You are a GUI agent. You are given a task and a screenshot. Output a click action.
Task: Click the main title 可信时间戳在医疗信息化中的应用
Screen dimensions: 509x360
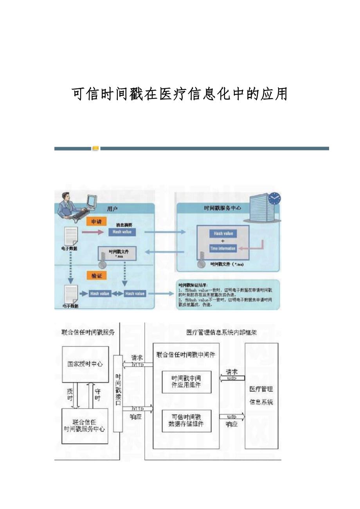coord(180,94)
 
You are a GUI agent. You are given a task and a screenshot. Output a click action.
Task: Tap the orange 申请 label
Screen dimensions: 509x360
coord(96,222)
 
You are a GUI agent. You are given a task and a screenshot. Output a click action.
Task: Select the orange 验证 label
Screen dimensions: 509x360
coord(96,276)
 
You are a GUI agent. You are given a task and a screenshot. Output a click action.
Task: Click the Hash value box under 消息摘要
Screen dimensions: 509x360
coord(122,232)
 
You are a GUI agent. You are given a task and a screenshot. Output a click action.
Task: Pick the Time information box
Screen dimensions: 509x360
coord(223,249)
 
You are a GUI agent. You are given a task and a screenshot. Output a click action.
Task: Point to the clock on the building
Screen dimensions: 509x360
coord(275,199)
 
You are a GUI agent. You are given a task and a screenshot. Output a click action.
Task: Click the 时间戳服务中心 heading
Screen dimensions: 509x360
coord(222,208)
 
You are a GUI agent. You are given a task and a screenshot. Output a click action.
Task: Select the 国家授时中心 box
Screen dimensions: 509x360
coord(85,364)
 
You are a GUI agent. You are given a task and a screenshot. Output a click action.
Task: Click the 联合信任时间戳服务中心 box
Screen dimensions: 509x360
coord(85,426)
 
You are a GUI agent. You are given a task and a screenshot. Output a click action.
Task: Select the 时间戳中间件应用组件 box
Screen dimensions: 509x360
coord(186,382)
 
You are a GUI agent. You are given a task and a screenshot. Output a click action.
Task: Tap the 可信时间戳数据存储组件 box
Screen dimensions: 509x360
coord(186,420)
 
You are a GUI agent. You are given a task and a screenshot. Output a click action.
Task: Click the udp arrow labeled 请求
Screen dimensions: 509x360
coord(232,378)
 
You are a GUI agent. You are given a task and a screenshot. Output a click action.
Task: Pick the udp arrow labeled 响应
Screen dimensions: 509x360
coord(232,417)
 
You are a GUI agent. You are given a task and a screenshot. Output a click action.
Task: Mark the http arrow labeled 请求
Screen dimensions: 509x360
coord(137,364)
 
